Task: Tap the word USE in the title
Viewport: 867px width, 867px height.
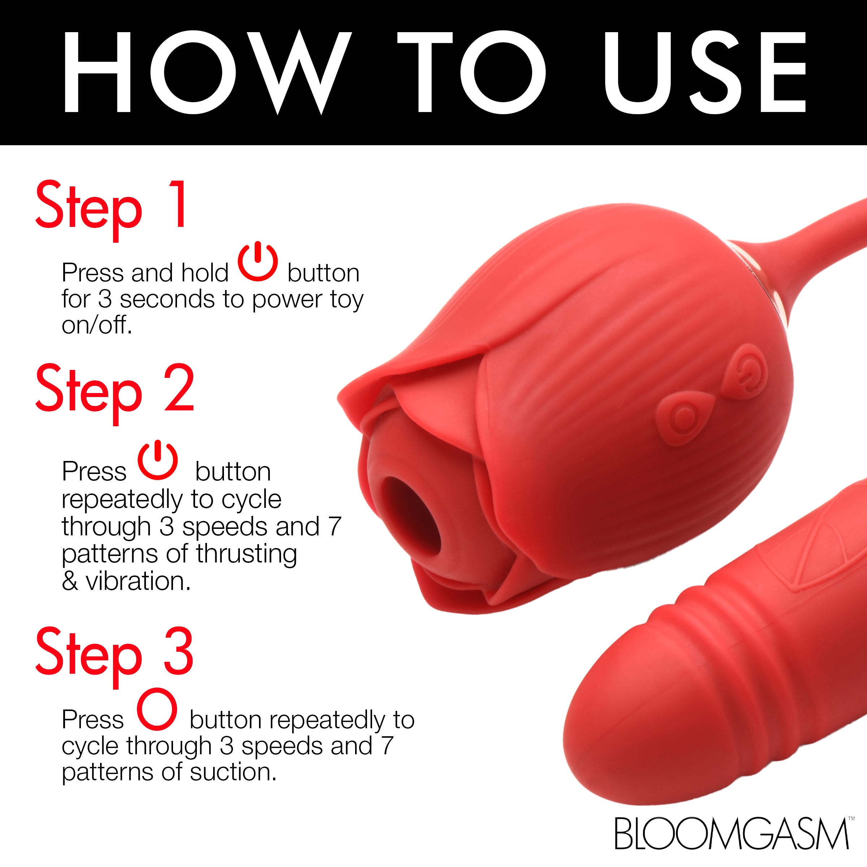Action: pyautogui.click(x=704, y=72)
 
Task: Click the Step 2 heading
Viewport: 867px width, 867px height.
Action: pyautogui.click(x=115, y=391)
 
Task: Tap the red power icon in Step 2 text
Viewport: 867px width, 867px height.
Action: pyautogui.click(x=158, y=461)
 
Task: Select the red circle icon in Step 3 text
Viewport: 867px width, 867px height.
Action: pyautogui.click(x=157, y=709)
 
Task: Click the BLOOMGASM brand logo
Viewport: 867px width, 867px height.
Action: pyautogui.click(x=732, y=833)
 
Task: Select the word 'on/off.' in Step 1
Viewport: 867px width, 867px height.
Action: pyautogui.click(x=97, y=325)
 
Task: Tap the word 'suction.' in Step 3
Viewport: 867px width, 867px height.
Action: pyautogui.click(x=233, y=772)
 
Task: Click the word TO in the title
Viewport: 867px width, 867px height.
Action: pyautogui.click(x=471, y=72)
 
